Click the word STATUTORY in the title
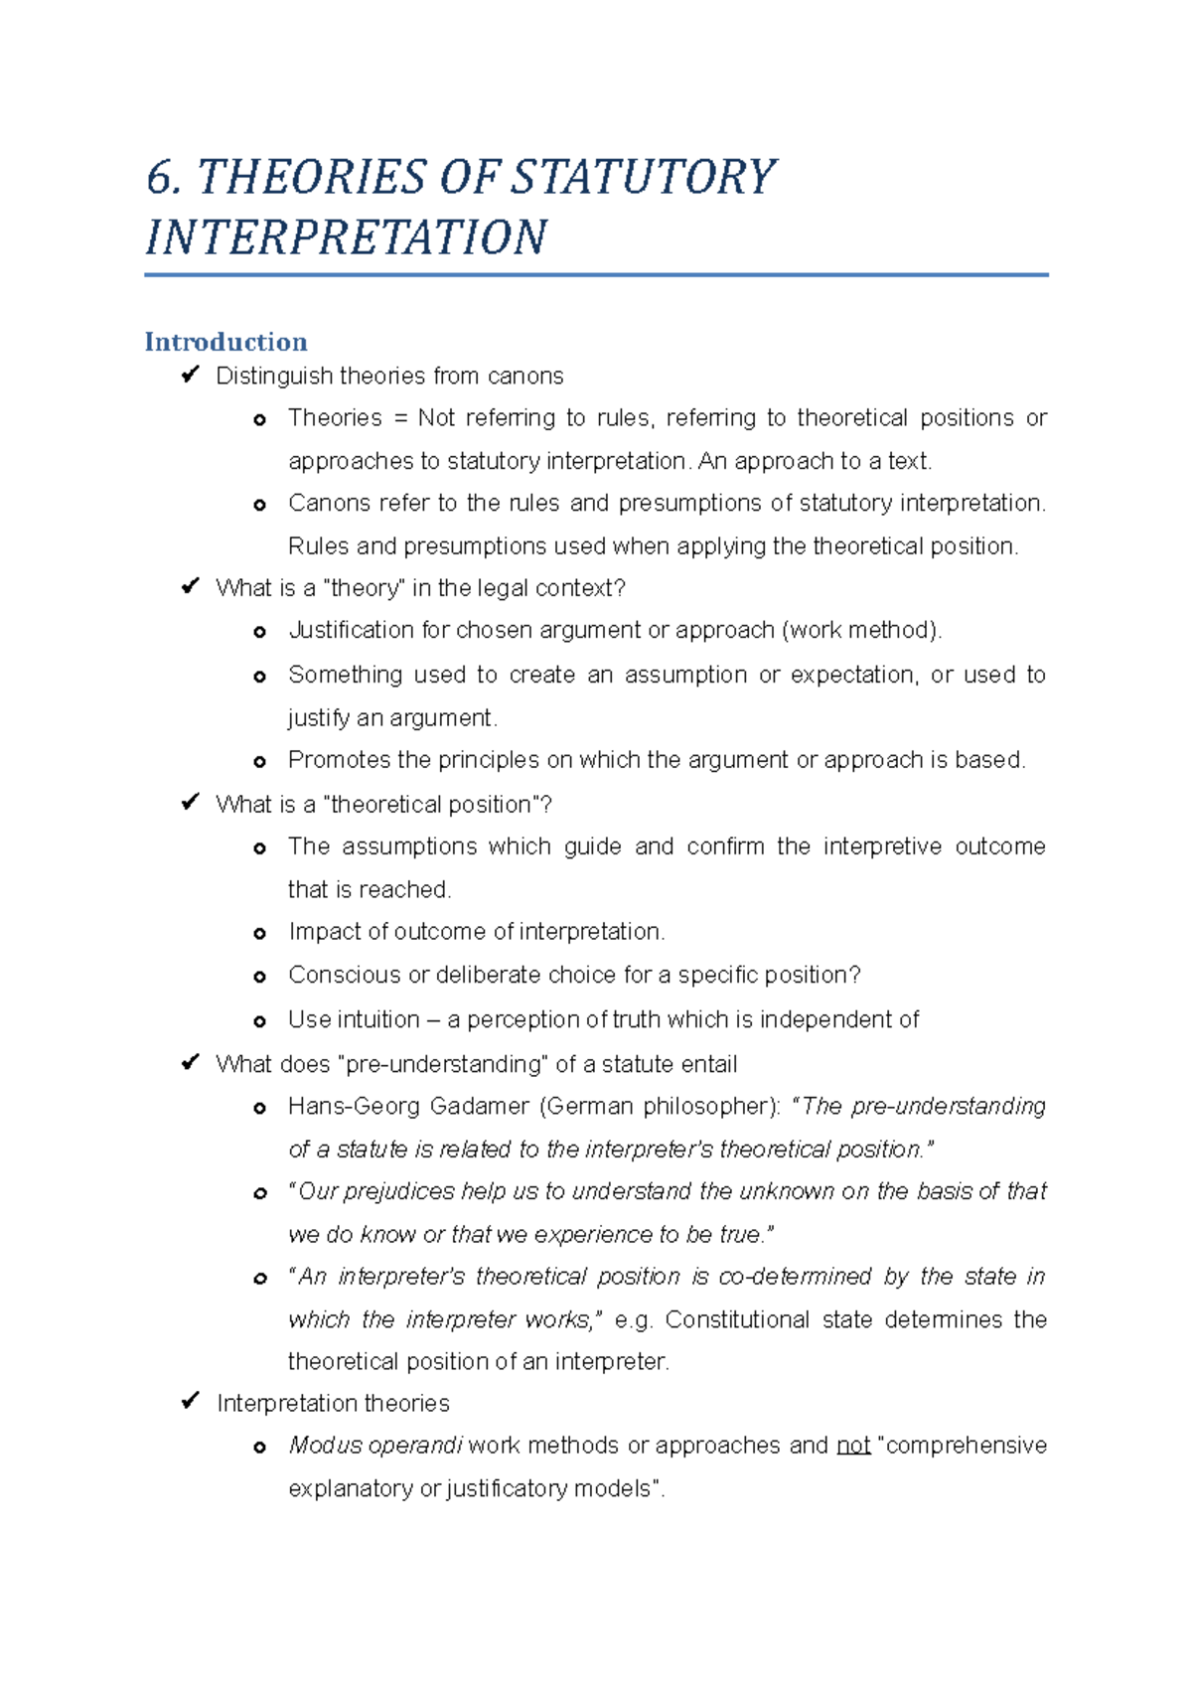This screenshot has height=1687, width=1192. click(x=643, y=179)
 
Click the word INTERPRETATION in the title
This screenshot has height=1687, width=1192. click(x=346, y=238)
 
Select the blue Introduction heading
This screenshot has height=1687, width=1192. click(x=225, y=342)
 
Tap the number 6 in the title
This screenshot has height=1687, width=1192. click(x=160, y=179)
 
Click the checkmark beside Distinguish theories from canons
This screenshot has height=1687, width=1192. click(x=190, y=375)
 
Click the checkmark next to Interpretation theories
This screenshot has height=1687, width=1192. click(x=190, y=1402)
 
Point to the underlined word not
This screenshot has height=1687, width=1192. click(x=853, y=1446)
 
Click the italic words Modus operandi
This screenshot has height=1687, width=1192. click(x=374, y=1446)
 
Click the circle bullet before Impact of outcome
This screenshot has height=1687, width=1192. click(x=260, y=934)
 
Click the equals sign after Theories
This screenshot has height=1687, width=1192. click(x=401, y=418)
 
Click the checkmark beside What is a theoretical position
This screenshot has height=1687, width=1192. click(x=190, y=803)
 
